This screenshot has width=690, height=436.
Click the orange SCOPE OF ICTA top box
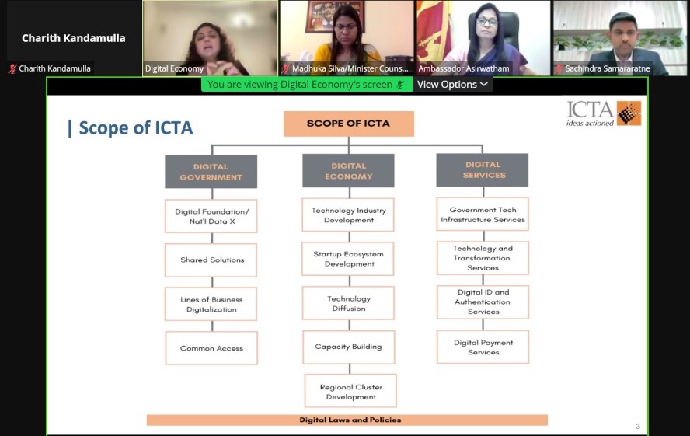click(x=349, y=124)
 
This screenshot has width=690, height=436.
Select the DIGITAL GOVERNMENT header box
click(x=211, y=172)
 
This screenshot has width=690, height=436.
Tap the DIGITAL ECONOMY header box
click(x=349, y=171)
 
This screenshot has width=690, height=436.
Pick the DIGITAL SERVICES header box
click(x=483, y=170)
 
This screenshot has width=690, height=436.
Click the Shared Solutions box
click(x=211, y=260)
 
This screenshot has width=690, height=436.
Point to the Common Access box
click(x=211, y=348)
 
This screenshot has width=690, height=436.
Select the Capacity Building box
click(x=349, y=347)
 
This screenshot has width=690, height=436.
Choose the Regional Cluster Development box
click(x=350, y=391)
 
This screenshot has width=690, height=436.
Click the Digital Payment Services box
click(x=483, y=347)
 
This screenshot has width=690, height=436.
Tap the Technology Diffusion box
click(x=349, y=303)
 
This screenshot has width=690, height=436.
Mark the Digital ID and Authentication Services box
click(x=483, y=302)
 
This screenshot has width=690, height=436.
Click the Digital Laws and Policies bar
click(x=347, y=420)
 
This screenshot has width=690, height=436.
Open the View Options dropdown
click(x=452, y=85)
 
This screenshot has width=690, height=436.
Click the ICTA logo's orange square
click(x=629, y=113)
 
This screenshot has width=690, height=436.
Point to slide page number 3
click(x=638, y=426)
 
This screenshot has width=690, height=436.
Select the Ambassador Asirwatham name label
click(x=463, y=68)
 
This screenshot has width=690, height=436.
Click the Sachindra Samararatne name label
click(x=608, y=68)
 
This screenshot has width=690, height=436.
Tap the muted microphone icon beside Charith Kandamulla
click(x=12, y=68)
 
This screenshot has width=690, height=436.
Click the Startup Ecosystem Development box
click(x=348, y=259)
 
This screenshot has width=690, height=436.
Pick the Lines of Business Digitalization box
click(x=211, y=304)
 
